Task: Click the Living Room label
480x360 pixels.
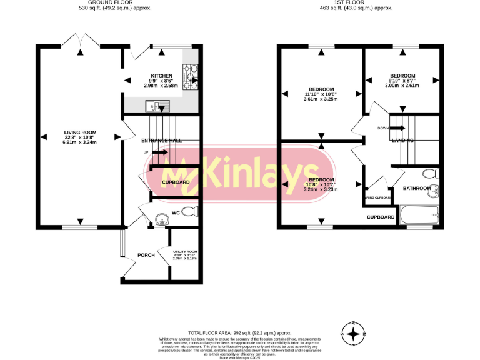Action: click(80, 132)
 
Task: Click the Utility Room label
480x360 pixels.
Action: click(184, 252)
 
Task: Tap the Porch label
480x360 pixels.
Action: click(146, 255)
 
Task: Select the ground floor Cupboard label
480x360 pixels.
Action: click(176, 182)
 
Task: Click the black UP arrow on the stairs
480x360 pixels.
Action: click(159, 151)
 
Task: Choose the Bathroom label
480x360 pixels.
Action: click(416, 188)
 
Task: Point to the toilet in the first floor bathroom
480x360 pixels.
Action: click(429, 173)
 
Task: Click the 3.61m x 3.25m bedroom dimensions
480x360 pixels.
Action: click(321, 99)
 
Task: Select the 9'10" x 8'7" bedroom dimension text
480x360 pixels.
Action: click(402, 80)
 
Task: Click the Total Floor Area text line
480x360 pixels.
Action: click(240, 333)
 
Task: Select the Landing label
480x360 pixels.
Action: click(402, 141)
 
